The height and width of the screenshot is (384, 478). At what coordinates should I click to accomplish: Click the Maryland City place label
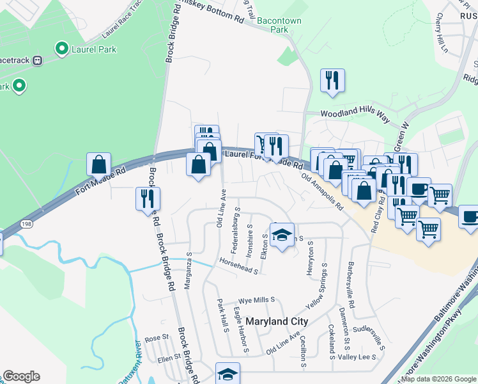pos(277,321)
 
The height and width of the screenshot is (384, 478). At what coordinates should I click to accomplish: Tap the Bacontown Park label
pos(279,25)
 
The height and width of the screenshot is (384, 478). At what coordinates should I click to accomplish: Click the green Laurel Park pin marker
pos(62,48)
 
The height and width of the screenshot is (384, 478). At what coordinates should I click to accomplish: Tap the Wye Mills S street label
pos(256,300)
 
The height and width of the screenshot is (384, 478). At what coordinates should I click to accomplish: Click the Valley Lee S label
pos(357,357)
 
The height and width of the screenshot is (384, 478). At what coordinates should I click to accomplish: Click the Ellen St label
pos(169,359)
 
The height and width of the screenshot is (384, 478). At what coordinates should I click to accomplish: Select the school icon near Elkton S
pos(282,235)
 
